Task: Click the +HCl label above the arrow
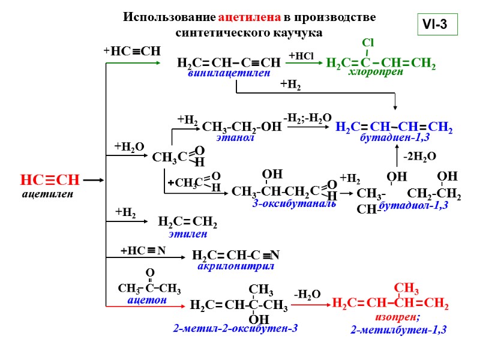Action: coord(301,56)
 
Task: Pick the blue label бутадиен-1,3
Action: coord(395,139)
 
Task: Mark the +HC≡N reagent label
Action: coord(143,251)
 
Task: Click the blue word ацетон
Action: coord(147,299)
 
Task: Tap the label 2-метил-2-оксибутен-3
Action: coord(235,328)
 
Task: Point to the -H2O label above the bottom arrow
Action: coord(307,294)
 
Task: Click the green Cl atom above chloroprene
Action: coord(368,43)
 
